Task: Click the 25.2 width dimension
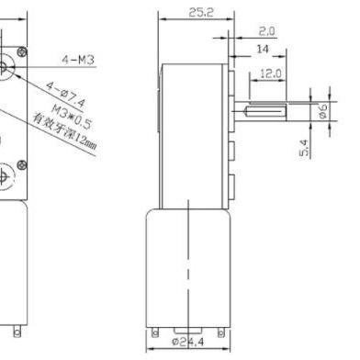[x=200, y=12]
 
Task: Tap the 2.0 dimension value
[x=267, y=31]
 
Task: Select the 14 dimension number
[x=263, y=49]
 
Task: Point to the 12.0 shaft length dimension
[x=270, y=73]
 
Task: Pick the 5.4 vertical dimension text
[x=303, y=148]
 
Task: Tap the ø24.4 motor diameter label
[x=187, y=342]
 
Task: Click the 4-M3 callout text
[x=78, y=60]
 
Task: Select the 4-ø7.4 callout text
[x=65, y=95]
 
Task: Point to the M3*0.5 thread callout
[x=72, y=116]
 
